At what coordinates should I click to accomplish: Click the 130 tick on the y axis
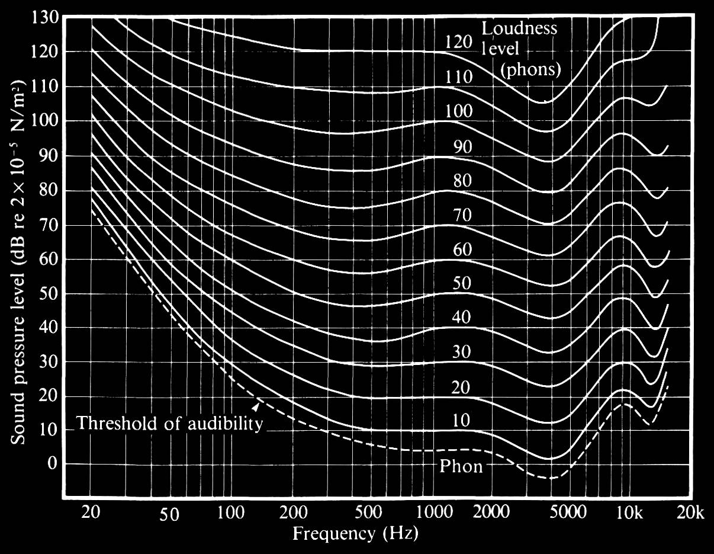[x=45, y=17]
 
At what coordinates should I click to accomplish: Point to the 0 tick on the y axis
[x=52, y=464]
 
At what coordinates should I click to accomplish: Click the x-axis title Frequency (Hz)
[x=355, y=534]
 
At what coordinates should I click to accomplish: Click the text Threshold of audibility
[x=169, y=424]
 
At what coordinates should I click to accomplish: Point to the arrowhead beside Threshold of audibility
[x=256, y=406]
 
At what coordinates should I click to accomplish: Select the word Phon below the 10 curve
[x=461, y=466]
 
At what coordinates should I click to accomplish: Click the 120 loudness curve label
[x=459, y=41]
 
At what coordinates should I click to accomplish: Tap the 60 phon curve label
[x=462, y=249]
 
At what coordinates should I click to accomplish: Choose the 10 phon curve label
[x=461, y=421]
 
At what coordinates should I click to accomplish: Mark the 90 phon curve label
[x=462, y=146]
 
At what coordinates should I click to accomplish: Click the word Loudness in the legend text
[x=519, y=28]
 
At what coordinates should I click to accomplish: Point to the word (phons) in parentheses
[x=530, y=69]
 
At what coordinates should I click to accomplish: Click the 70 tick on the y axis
[x=48, y=225]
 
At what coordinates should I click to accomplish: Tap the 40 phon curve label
[x=462, y=318]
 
